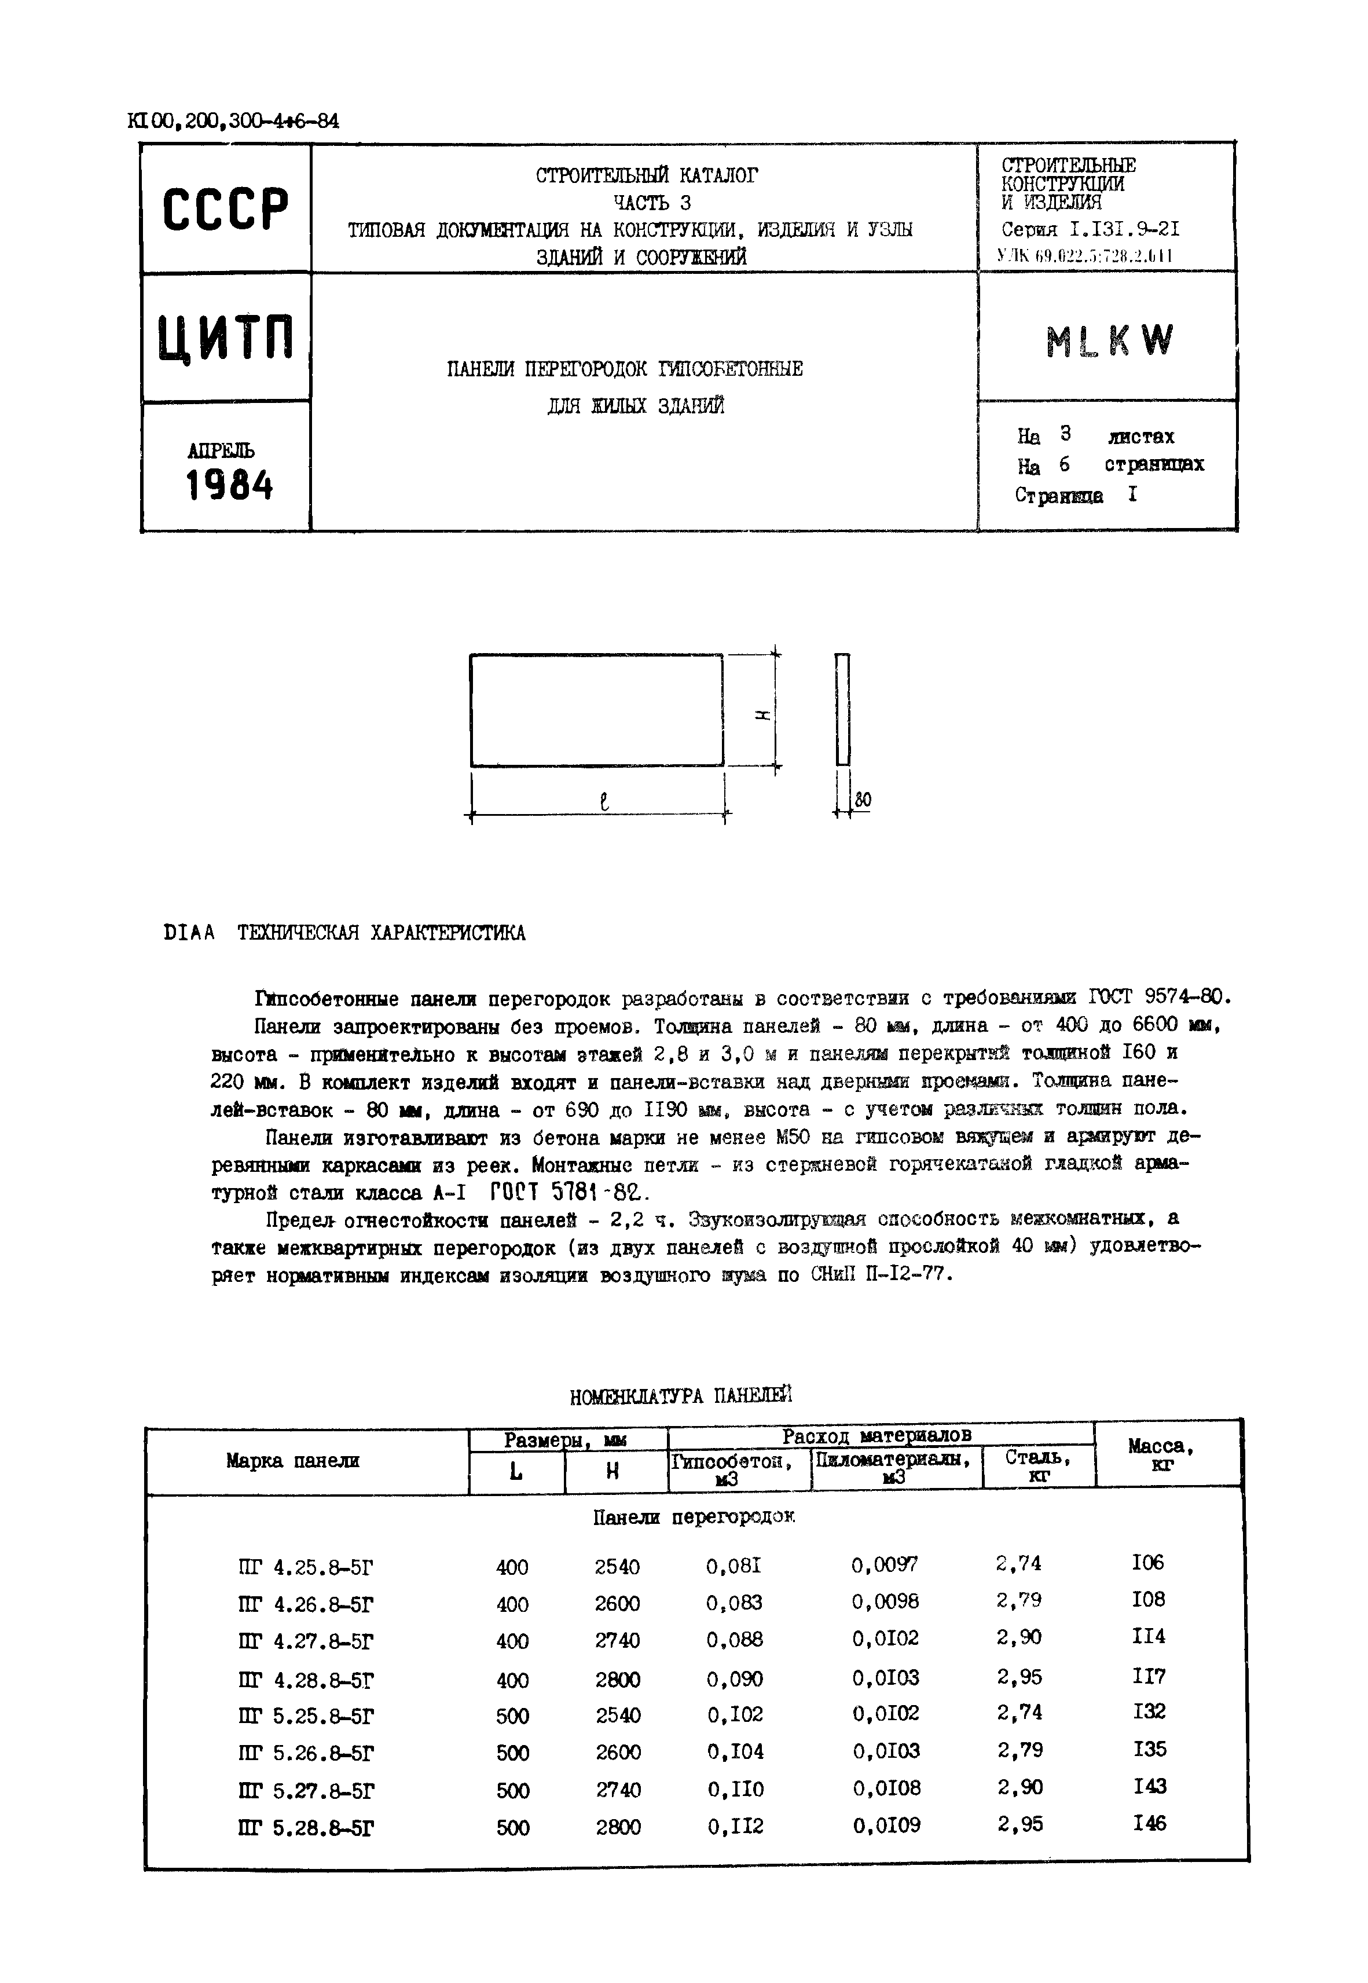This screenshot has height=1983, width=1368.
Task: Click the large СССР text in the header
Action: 225,208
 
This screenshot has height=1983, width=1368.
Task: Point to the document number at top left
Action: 233,122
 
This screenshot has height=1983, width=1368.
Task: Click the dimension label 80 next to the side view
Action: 862,800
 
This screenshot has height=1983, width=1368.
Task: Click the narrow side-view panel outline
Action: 842,709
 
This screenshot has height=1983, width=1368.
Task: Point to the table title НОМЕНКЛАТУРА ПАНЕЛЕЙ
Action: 681,1396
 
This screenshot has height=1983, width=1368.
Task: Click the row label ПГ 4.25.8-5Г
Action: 306,1568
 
